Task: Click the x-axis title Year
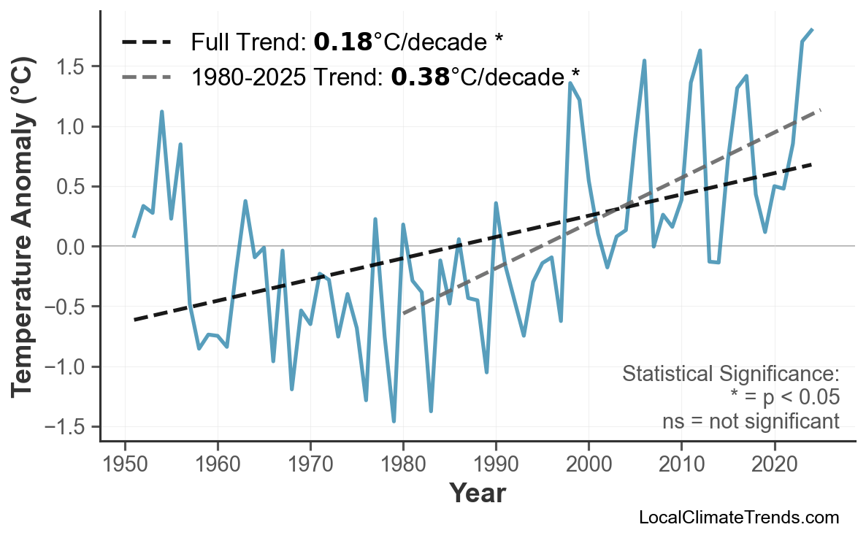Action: pyautogui.click(x=477, y=493)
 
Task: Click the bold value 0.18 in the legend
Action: pyautogui.click(x=342, y=42)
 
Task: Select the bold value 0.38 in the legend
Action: pyautogui.click(x=420, y=76)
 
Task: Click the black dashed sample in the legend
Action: pyautogui.click(x=146, y=42)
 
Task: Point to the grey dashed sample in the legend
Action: pyautogui.click(x=146, y=76)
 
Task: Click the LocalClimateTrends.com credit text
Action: pyautogui.click(x=738, y=518)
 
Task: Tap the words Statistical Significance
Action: pyautogui.click(x=730, y=374)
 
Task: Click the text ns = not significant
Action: pyautogui.click(x=751, y=421)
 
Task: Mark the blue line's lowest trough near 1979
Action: pyautogui.click(x=394, y=421)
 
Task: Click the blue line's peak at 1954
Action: pyautogui.click(x=161, y=112)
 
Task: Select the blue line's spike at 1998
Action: pyautogui.click(x=570, y=83)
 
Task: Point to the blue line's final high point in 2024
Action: pyautogui.click(x=812, y=30)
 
